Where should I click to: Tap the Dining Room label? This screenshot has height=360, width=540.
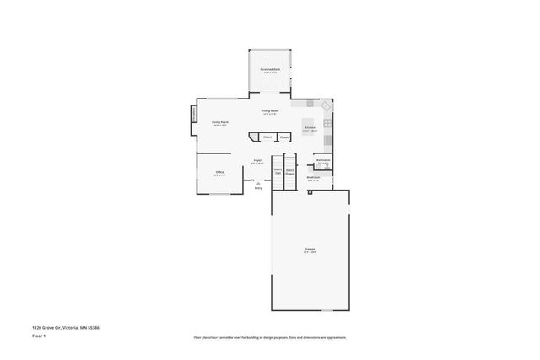[270, 111]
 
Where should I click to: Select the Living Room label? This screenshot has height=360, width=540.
[220, 123]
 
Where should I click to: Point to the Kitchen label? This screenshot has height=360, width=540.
[310, 128]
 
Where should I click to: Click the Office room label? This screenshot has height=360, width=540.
[219, 173]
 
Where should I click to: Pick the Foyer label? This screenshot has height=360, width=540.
[257, 161]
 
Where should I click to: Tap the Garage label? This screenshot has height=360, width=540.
[310, 250]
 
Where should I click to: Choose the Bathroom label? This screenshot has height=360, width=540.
[323, 160]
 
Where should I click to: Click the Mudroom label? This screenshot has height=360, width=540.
[313, 178]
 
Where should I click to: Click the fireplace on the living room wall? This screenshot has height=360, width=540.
[193, 112]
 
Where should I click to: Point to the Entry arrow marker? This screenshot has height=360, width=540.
[258, 183]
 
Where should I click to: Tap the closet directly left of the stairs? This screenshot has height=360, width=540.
[284, 137]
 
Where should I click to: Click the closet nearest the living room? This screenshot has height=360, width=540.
[267, 137]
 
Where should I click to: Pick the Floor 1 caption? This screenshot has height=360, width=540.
[39, 336]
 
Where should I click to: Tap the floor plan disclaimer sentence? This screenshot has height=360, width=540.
[270, 337]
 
